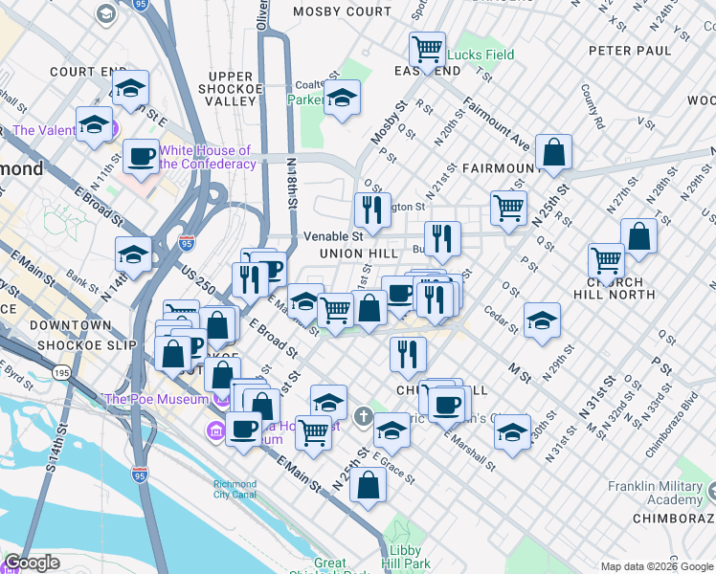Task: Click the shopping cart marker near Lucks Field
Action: pyautogui.click(x=427, y=48)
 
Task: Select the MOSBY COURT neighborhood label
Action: pyautogui.click(x=343, y=11)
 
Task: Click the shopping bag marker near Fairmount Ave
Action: pyautogui.click(x=554, y=152)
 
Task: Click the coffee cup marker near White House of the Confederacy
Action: pyautogui.click(x=141, y=157)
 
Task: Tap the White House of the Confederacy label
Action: pyautogui.click(x=207, y=157)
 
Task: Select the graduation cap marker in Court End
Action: pyautogui.click(x=130, y=89)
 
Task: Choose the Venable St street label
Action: pyautogui.click(x=332, y=235)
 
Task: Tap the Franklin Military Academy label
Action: pyautogui.click(x=660, y=493)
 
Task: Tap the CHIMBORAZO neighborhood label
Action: pyautogui.click(x=673, y=518)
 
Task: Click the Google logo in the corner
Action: pyautogui.click(x=32, y=563)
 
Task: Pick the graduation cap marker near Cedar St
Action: pyautogui.click(x=542, y=321)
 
